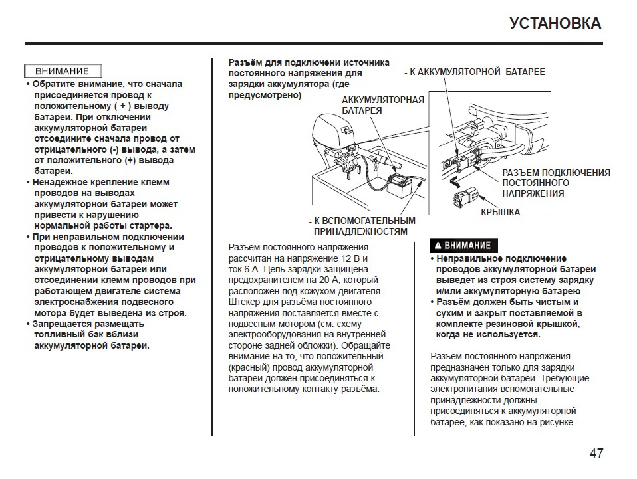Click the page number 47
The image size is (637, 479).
(596, 454)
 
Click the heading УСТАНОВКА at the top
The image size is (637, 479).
(555, 23)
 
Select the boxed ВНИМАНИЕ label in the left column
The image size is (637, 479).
(63, 71)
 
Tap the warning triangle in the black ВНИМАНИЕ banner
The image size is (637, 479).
(438, 246)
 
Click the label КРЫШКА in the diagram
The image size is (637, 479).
(500, 213)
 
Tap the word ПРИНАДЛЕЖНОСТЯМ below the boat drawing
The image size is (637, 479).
(360, 231)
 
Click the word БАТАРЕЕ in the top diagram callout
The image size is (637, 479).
(523, 72)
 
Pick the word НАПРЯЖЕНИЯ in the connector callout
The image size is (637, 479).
(533, 193)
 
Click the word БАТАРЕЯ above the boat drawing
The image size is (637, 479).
(362, 110)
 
